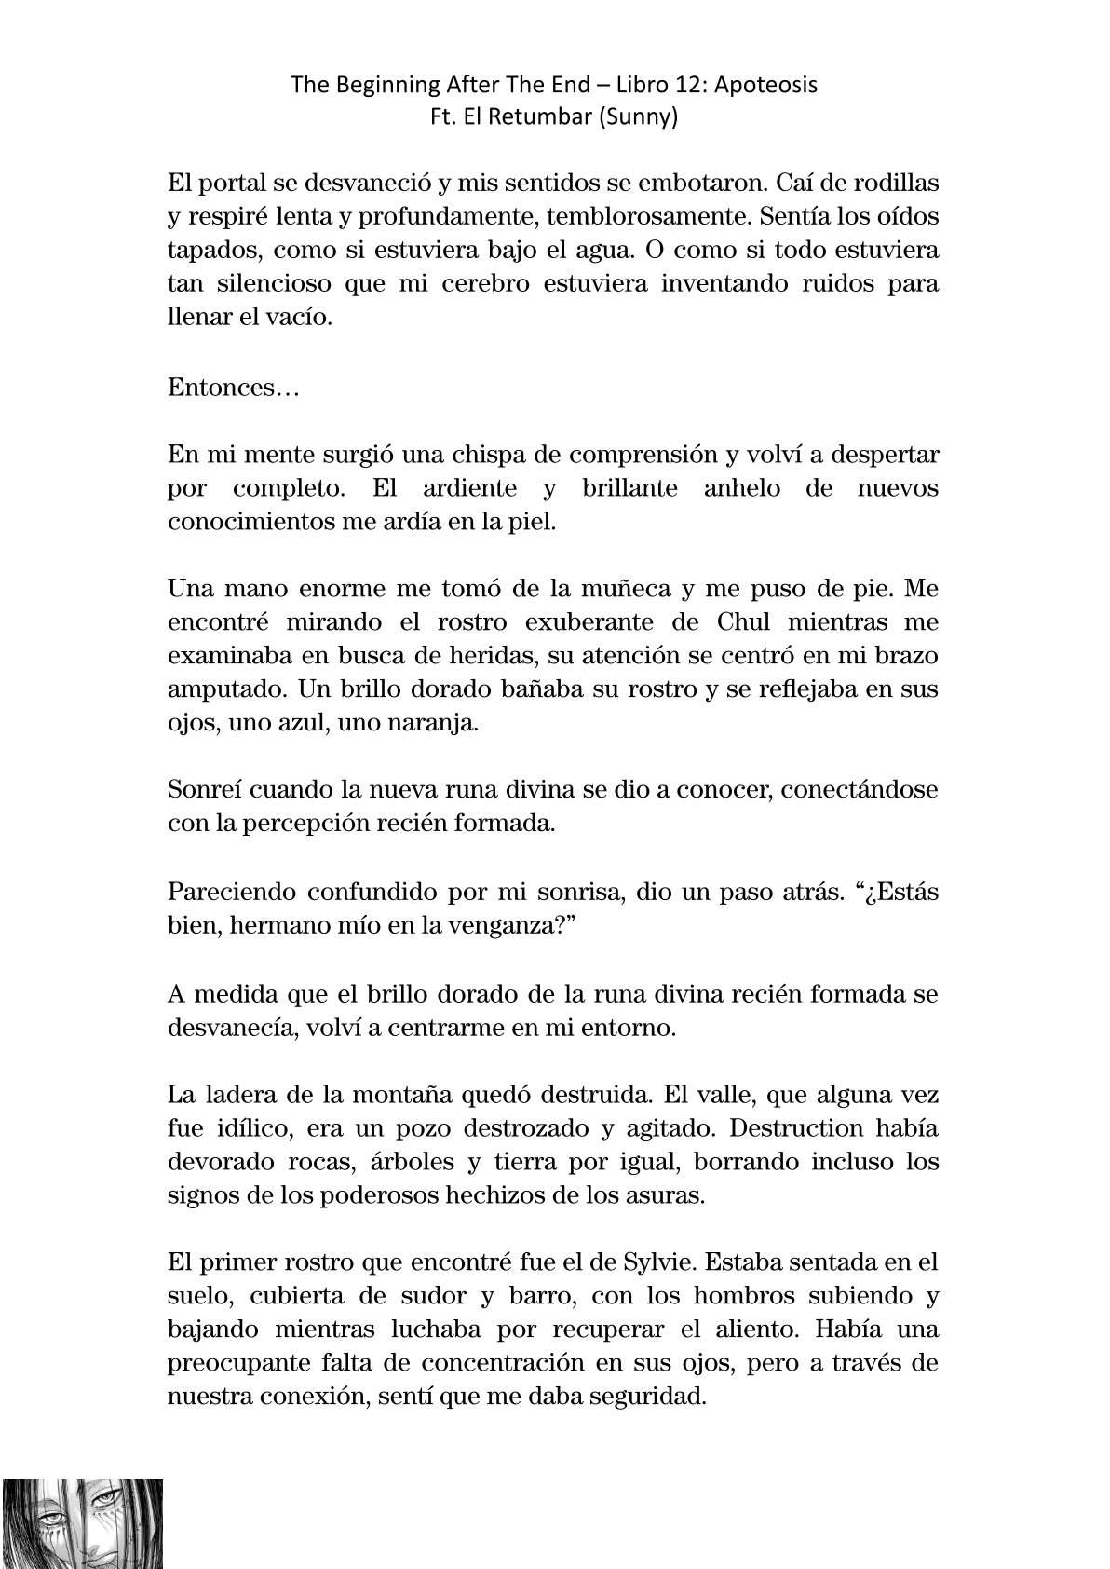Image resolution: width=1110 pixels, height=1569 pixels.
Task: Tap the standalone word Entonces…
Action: pyautogui.click(x=233, y=388)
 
